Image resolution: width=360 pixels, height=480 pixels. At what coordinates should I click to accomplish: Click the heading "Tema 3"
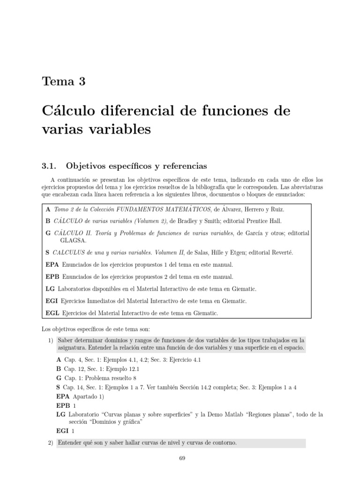coord(64,81)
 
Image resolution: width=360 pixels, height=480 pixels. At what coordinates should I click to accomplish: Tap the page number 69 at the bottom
coord(183,458)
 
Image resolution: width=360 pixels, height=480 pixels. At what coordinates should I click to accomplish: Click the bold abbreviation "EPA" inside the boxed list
coord(52,264)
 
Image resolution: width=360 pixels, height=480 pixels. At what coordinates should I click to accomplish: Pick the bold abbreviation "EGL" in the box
coord(52,313)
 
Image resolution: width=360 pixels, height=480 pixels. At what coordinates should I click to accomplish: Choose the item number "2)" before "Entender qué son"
coord(51,442)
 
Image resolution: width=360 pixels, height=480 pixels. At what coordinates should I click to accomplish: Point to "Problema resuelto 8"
coord(111,377)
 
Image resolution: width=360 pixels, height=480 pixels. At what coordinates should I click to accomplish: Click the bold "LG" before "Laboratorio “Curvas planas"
coord(61,414)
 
